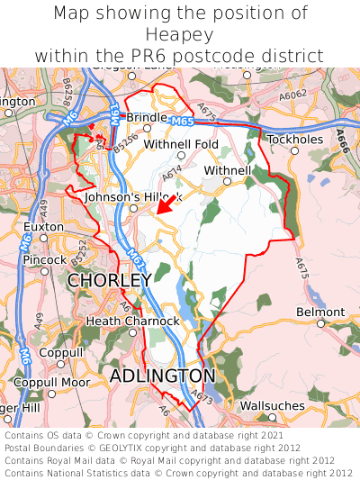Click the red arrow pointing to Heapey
[x=163, y=205]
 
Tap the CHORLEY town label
[x=110, y=281]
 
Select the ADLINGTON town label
[x=163, y=375]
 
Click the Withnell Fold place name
[x=181, y=144]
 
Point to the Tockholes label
[x=294, y=140]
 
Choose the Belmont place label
[x=319, y=312]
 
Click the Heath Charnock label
[x=133, y=321]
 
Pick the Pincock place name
[x=45, y=259]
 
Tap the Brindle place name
[x=147, y=117]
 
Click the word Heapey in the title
[x=180, y=34]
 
